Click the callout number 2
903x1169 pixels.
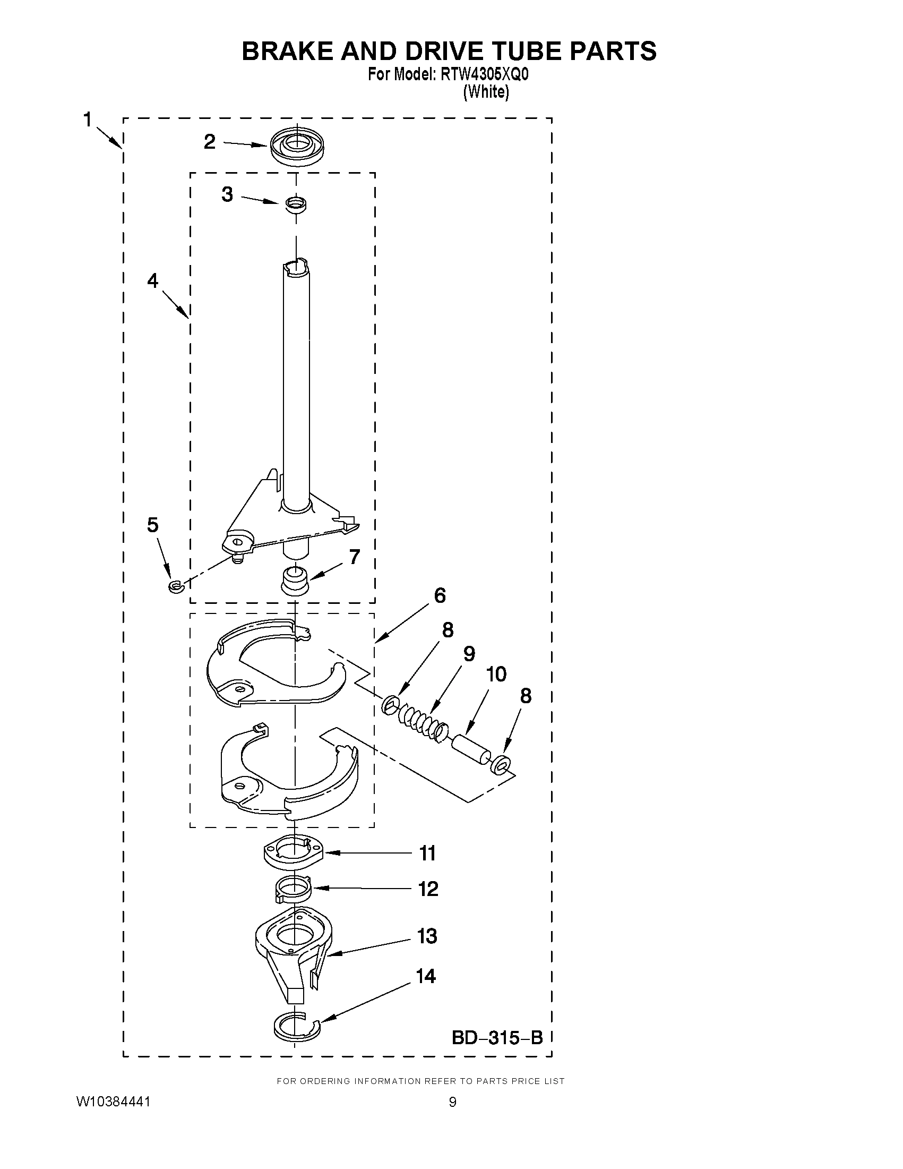(x=210, y=142)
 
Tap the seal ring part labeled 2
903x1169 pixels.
(x=297, y=147)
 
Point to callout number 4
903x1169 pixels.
(x=153, y=280)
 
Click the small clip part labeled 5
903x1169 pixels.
(x=176, y=587)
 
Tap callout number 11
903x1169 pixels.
(x=427, y=853)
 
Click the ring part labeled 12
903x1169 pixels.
(x=294, y=890)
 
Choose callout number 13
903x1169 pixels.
(x=427, y=936)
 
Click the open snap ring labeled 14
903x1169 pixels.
(x=296, y=1025)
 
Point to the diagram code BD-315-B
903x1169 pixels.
(x=497, y=1038)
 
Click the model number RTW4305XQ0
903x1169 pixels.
(x=485, y=75)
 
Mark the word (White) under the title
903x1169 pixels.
(x=486, y=92)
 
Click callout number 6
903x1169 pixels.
(x=440, y=596)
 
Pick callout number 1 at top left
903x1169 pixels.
(x=87, y=120)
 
